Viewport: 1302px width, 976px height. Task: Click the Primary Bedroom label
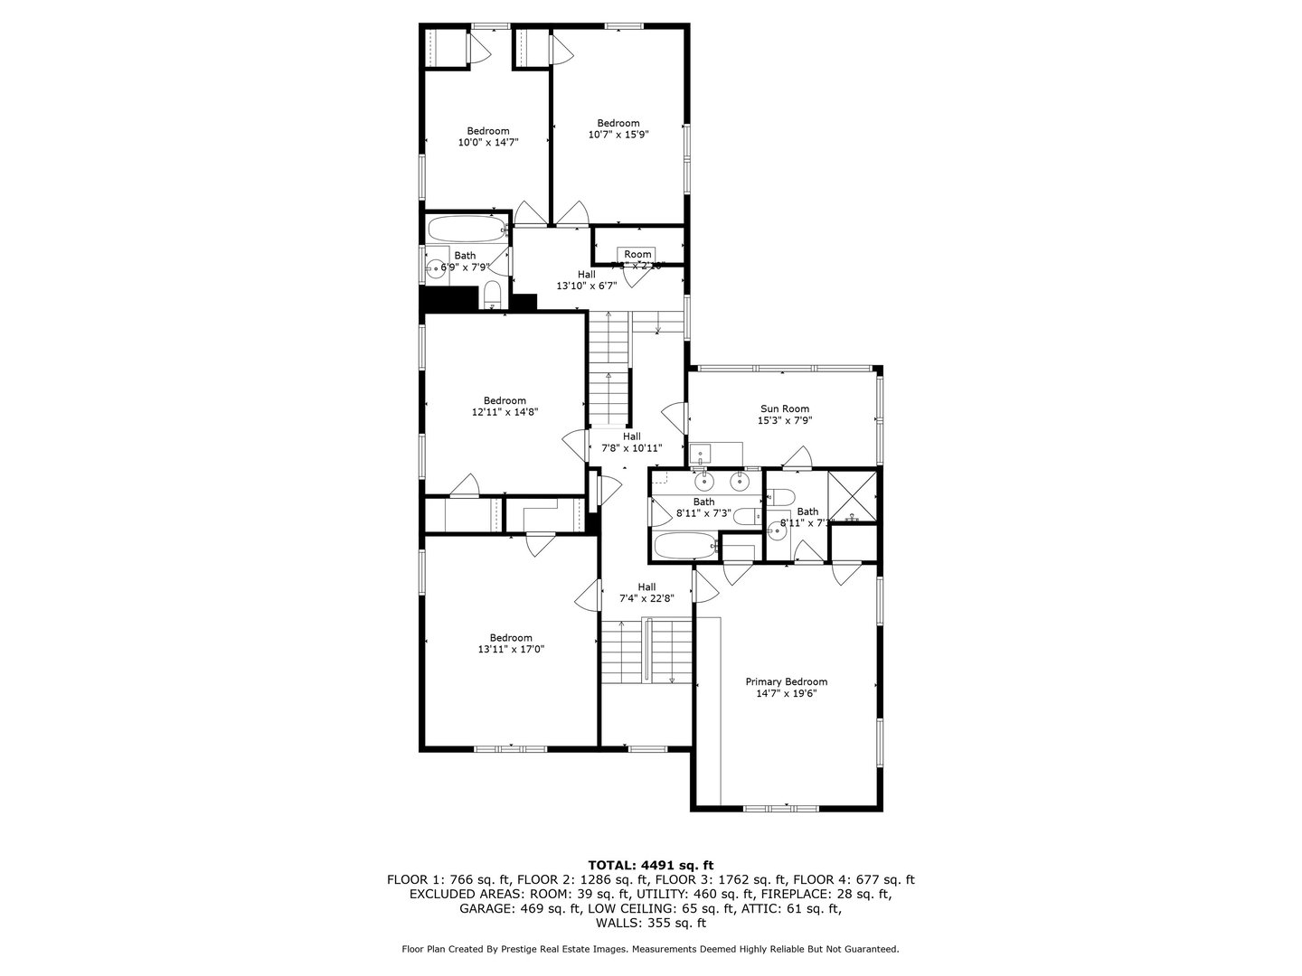click(x=786, y=682)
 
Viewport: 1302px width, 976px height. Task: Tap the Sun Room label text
click(x=784, y=408)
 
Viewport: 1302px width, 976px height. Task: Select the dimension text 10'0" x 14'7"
click(x=487, y=142)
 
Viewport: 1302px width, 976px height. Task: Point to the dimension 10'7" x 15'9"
click(x=618, y=135)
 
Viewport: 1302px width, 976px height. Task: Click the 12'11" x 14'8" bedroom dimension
click(x=505, y=412)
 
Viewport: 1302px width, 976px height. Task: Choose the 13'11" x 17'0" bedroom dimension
click(x=511, y=649)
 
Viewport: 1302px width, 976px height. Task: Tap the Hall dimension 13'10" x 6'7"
click(x=586, y=286)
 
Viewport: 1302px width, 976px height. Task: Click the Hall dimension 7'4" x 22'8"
click(x=646, y=598)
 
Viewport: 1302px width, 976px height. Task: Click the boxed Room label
click(x=637, y=254)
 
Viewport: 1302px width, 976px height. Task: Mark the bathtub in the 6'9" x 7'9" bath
click(x=467, y=230)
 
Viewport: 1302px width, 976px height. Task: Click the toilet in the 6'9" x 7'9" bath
click(x=492, y=295)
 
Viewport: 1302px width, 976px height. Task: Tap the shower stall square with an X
click(x=853, y=497)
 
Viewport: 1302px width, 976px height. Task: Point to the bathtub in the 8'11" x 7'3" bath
click(x=685, y=547)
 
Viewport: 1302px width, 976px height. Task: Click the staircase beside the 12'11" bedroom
click(x=609, y=371)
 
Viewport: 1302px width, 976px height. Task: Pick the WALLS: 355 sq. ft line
click(x=650, y=923)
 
